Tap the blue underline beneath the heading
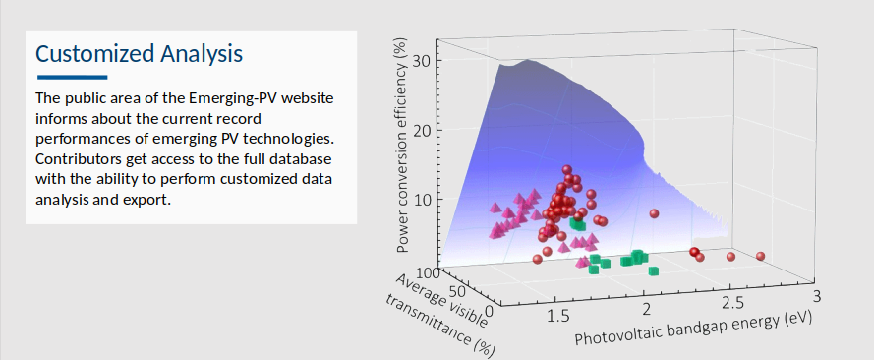(72, 77)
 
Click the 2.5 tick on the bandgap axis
(731, 301)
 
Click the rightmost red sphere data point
(760, 257)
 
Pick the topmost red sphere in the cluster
(567, 169)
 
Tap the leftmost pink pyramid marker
(495, 233)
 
